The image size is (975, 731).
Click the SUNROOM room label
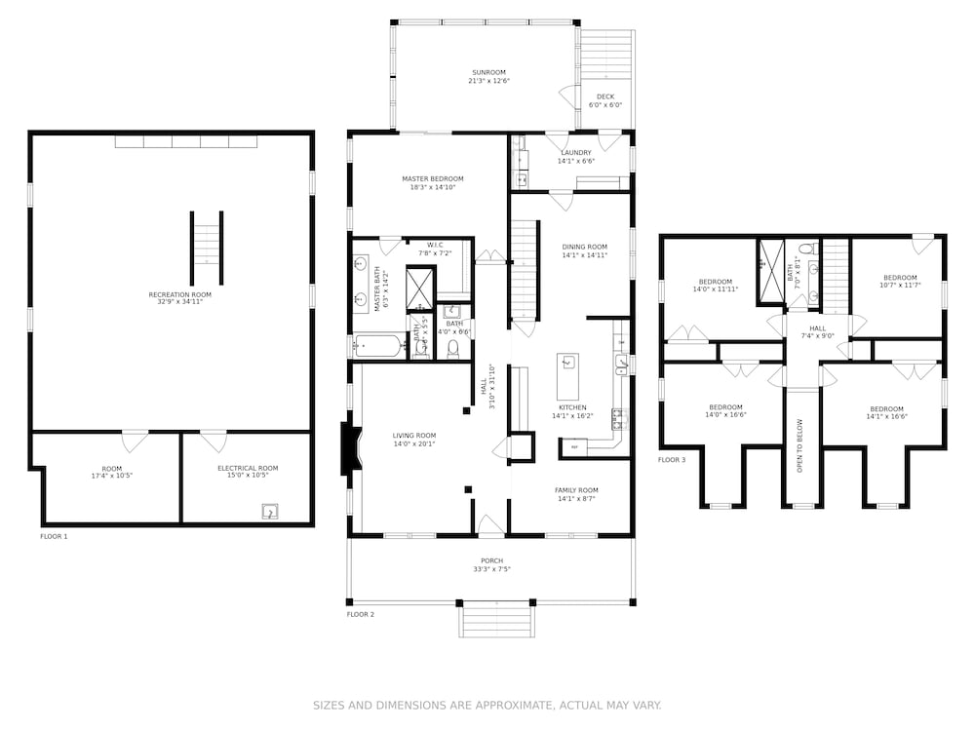click(488, 76)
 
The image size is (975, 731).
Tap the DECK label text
click(605, 100)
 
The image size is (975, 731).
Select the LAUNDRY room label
click(576, 156)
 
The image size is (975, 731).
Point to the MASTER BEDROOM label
click(432, 183)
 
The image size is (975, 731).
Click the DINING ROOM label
click(584, 250)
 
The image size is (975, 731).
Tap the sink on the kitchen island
click(567, 363)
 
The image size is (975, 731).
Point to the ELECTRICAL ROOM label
click(247, 473)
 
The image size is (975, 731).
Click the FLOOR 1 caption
click(54, 537)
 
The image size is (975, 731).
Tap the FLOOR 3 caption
click(671, 460)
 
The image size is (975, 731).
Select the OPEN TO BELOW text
click(799, 445)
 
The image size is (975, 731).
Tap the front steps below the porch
click(497, 620)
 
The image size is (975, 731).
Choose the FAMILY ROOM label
click(576, 494)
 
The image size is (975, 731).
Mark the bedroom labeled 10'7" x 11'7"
click(899, 281)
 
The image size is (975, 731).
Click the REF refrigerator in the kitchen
click(574, 447)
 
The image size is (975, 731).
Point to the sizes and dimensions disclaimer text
click(487, 705)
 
